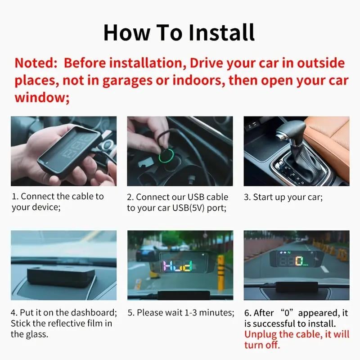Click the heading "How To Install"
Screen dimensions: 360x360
[x=179, y=32]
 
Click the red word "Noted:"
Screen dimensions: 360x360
[x=36, y=63]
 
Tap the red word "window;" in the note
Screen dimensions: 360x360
[x=42, y=98]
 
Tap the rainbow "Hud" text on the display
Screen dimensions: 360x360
[x=177, y=266]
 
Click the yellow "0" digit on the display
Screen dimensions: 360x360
[x=298, y=261]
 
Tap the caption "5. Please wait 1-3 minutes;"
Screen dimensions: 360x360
[x=181, y=312]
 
